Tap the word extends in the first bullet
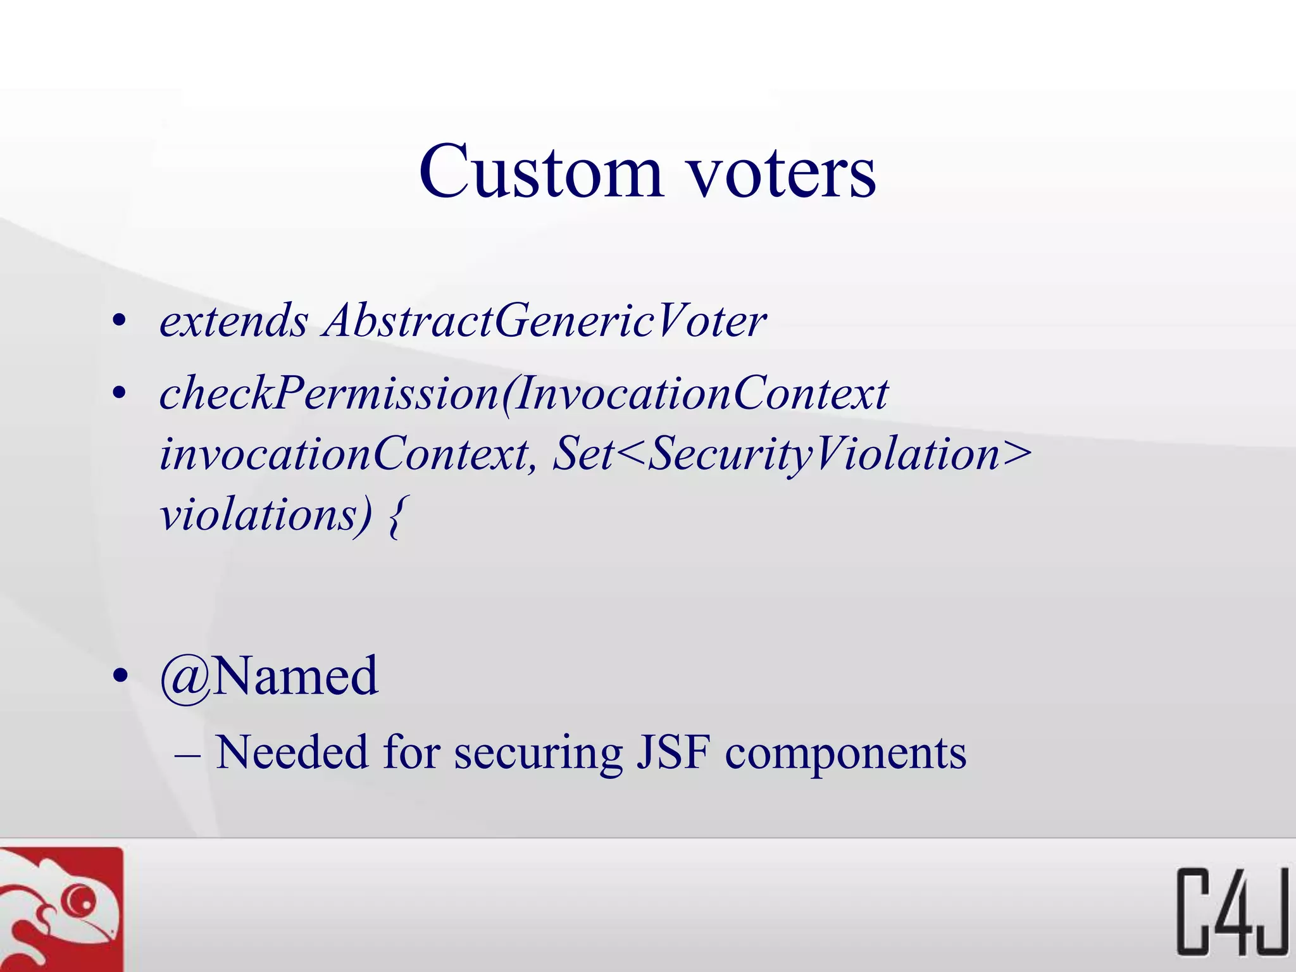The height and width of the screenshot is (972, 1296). click(x=234, y=321)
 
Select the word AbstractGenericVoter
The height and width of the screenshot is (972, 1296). click(x=544, y=321)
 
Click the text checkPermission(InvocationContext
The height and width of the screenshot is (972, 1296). click(x=524, y=394)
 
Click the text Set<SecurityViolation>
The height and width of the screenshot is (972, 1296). click(x=792, y=454)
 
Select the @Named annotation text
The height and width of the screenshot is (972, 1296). click(x=269, y=676)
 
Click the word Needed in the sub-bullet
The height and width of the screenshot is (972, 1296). click(x=292, y=752)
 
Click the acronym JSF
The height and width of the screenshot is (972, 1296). click(x=673, y=752)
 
